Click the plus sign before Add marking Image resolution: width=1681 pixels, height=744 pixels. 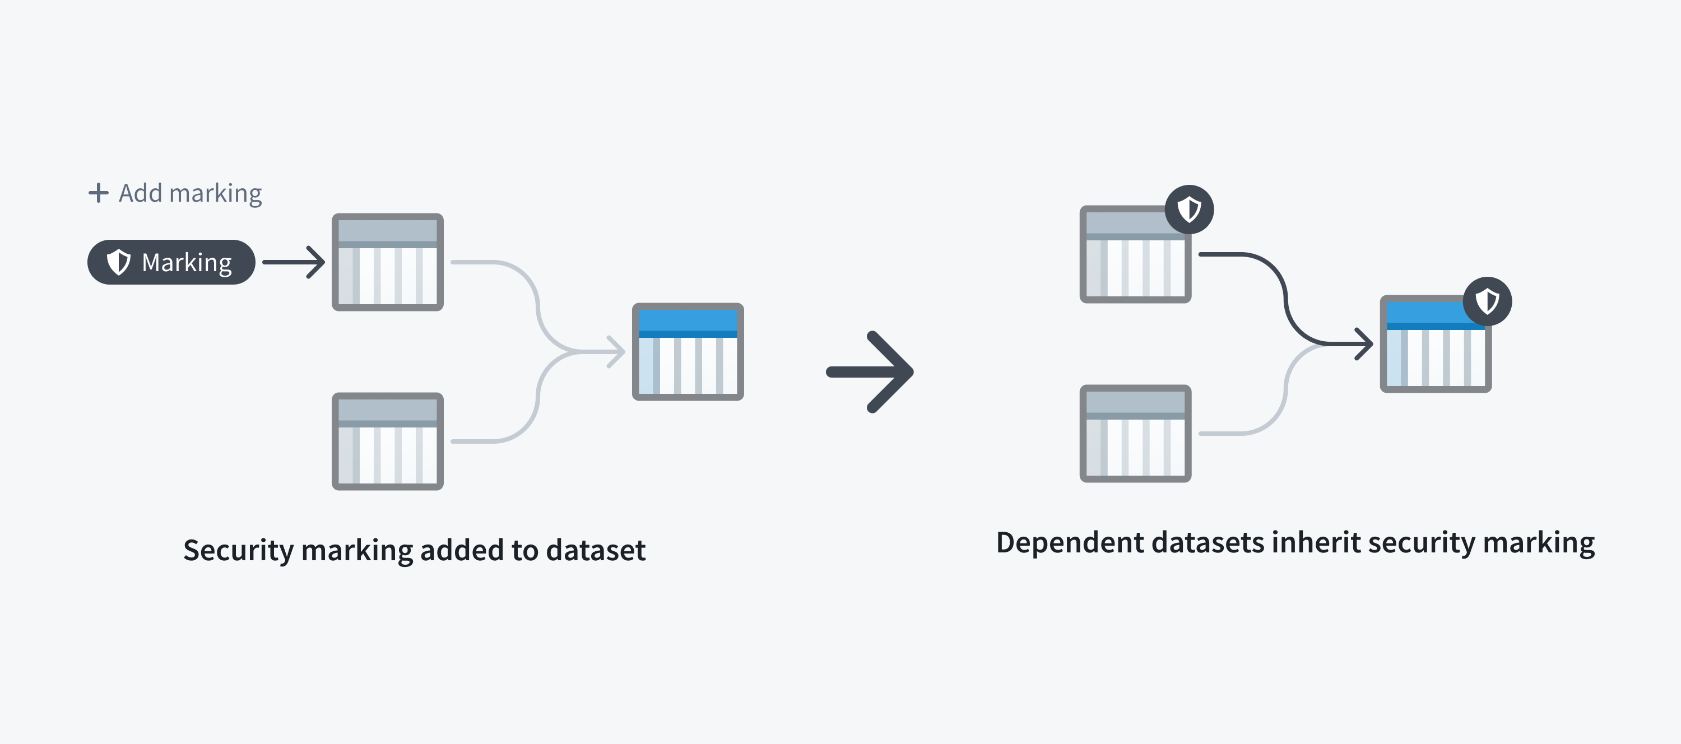click(x=98, y=193)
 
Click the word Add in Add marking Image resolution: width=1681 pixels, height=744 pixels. click(x=140, y=193)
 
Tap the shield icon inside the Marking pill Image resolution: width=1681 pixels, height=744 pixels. click(x=119, y=262)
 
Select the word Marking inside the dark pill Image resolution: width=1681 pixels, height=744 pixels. click(x=187, y=263)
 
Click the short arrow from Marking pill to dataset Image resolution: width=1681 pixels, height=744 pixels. click(x=294, y=262)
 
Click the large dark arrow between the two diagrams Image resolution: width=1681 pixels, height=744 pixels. click(x=870, y=372)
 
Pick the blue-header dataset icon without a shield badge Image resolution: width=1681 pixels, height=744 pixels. click(x=688, y=352)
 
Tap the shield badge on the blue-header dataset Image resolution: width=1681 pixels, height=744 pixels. click(x=1487, y=301)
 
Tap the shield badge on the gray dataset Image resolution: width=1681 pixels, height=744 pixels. click(x=1189, y=210)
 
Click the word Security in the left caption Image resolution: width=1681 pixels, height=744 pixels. click(x=239, y=550)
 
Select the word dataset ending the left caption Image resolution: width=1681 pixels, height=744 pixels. click(x=596, y=550)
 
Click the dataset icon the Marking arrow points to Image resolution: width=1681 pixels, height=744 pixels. click(x=388, y=262)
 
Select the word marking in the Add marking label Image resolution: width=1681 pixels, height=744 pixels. click(x=215, y=194)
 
